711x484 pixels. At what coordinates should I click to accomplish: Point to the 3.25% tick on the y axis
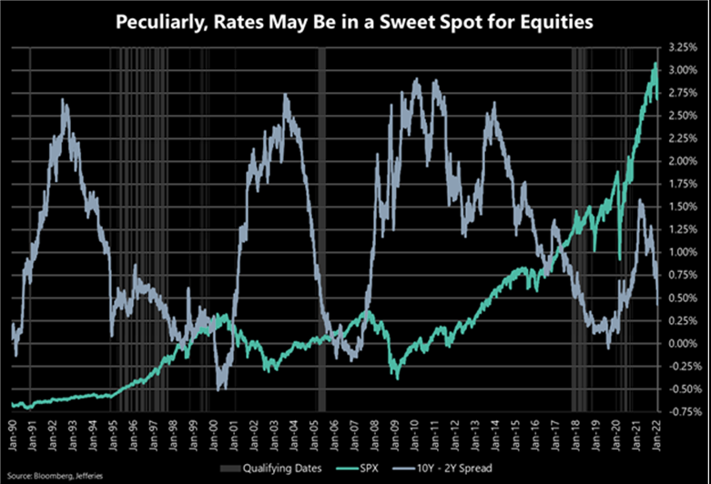pyautogui.click(x=682, y=46)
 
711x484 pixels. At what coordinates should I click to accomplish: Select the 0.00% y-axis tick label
pyautogui.click(x=682, y=343)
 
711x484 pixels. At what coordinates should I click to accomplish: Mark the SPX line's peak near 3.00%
pyautogui.click(x=655, y=64)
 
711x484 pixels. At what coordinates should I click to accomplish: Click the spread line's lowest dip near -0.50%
pyautogui.click(x=221, y=389)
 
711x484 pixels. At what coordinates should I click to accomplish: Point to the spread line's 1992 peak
pyautogui.click(x=65, y=101)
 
